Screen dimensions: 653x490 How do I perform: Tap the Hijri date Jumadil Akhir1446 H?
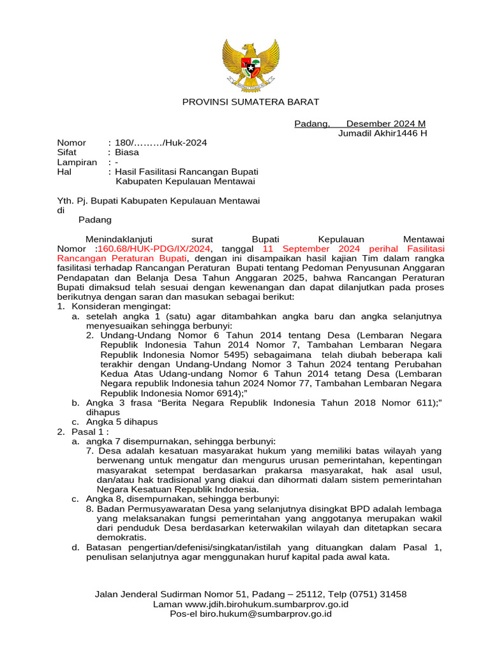pyautogui.click(x=382, y=133)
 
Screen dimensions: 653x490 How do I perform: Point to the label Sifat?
pyautogui.click(x=67, y=152)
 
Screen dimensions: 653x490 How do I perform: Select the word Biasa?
pyautogui.click(x=126, y=152)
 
